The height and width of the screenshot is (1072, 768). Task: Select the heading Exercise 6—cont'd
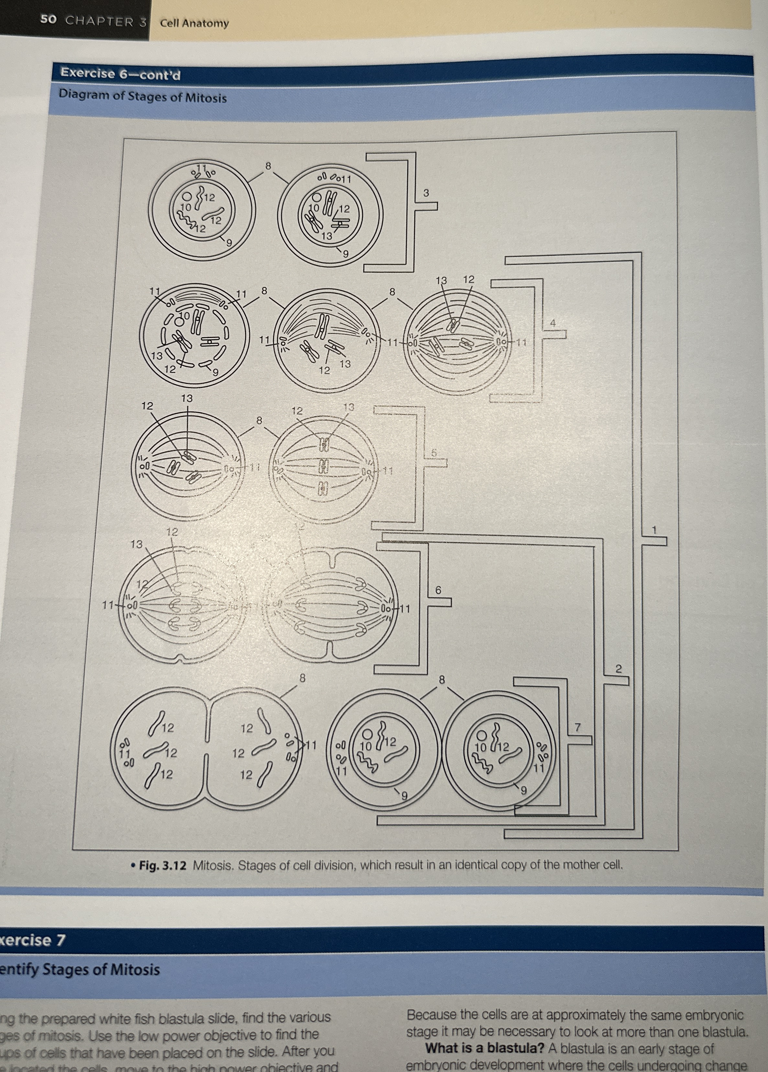click(120, 74)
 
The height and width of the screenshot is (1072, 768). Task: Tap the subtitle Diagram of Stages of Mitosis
click(143, 96)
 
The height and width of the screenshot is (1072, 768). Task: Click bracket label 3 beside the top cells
click(426, 193)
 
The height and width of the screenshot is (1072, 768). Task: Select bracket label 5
click(433, 453)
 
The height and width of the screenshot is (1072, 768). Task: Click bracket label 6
click(438, 590)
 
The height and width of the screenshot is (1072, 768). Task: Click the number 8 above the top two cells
click(268, 166)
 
